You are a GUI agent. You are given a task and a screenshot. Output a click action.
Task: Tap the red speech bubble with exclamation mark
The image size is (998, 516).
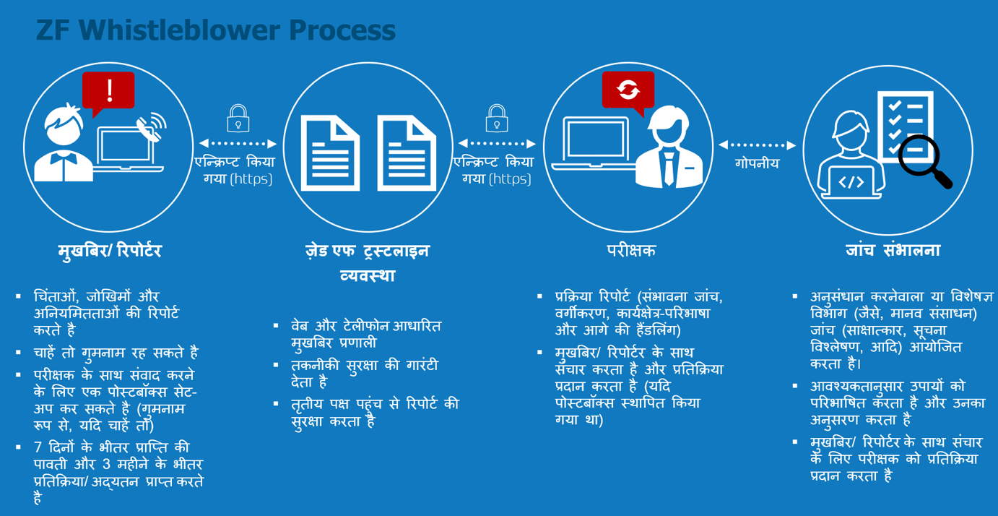(x=108, y=93)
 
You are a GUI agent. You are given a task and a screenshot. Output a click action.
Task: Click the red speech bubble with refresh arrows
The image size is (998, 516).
(x=628, y=93)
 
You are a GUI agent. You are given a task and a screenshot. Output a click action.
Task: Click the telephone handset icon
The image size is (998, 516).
(x=148, y=129)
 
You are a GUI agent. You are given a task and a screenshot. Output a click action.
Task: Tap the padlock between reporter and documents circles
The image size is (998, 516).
(x=238, y=119)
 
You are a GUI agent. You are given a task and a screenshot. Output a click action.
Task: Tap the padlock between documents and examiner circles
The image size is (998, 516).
(x=497, y=119)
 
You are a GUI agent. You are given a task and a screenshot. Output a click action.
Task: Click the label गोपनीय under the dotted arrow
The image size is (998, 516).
(x=757, y=163)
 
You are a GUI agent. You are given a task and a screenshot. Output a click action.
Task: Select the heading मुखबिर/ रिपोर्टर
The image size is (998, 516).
(x=110, y=251)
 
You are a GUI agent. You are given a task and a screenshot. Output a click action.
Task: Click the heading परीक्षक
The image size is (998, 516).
(x=631, y=250)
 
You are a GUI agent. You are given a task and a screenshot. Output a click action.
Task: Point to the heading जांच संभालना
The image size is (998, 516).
(x=893, y=250)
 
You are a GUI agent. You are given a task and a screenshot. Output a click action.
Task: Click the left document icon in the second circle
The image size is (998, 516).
(x=330, y=153)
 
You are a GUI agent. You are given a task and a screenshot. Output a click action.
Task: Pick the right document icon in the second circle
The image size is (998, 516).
(x=407, y=153)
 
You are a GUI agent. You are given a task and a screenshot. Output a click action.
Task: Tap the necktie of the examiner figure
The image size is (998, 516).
(x=669, y=168)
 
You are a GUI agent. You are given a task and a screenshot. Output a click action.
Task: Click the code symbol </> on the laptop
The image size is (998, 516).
(x=851, y=182)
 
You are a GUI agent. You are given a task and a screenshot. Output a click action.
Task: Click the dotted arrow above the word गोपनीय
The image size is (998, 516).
(x=757, y=145)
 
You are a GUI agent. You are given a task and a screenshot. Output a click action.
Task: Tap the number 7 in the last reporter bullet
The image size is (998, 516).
(x=38, y=447)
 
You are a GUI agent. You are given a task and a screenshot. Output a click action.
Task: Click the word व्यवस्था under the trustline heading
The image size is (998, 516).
(x=368, y=275)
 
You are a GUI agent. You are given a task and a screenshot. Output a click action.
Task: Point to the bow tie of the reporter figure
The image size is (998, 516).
(x=63, y=158)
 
